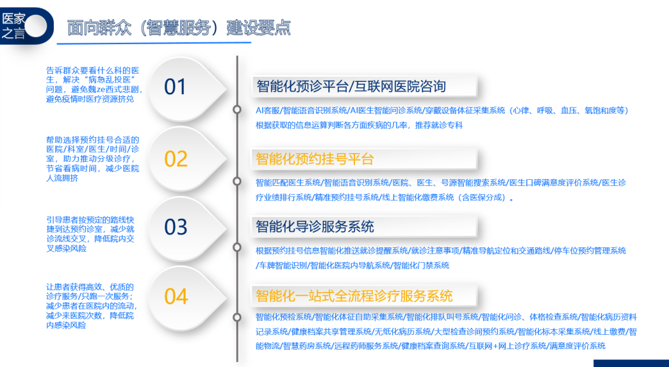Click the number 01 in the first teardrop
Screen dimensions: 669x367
pos(175,87)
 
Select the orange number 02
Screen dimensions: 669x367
pos(176,159)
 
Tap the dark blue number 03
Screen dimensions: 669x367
pos(176,227)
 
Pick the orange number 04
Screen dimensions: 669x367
pos(176,296)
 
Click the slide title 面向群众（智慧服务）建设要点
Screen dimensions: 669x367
pos(179,28)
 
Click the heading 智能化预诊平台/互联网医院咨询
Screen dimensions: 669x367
pos(351,86)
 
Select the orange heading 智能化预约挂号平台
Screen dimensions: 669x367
pos(315,159)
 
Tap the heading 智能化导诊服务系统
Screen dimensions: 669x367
pos(315,226)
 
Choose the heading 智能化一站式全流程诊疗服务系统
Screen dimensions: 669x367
pos(354,296)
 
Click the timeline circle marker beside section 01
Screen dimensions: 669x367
pos(237,110)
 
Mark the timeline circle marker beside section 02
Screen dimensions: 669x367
pos(237,182)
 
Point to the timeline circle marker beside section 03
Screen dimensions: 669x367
pos(237,248)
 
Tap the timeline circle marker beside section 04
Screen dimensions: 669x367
pos(237,317)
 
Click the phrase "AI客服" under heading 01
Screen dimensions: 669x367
pos(268,110)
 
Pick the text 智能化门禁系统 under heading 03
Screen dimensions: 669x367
pos(421,266)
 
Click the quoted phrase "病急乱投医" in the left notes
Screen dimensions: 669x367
pos(108,80)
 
